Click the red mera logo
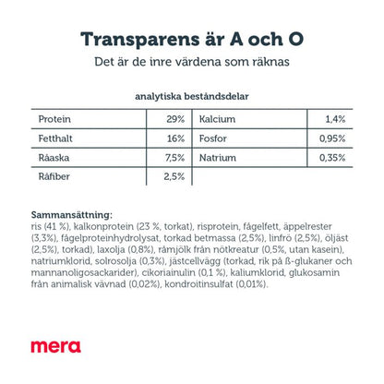[x=55, y=346]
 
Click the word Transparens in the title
[x=140, y=40]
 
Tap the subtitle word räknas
[x=271, y=62]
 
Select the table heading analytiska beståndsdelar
[x=192, y=96]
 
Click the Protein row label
[x=54, y=119]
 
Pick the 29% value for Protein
[x=175, y=119]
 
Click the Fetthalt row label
[x=55, y=138]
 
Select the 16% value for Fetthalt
[x=176, y=138]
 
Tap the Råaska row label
[x=54, y=158]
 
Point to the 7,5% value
[x=174, y=158]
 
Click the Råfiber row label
[x=54, y=176]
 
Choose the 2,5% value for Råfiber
[x=174, y=176]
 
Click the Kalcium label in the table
[x=217, y=119]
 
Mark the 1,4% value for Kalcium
[x=335, y=119]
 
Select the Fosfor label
[x=213, y=138]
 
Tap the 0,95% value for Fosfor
[x=332, y=138]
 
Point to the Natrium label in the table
[x=218, y=158]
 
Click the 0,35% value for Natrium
[x=332, y=158]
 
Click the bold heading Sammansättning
[x=72, y=215]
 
